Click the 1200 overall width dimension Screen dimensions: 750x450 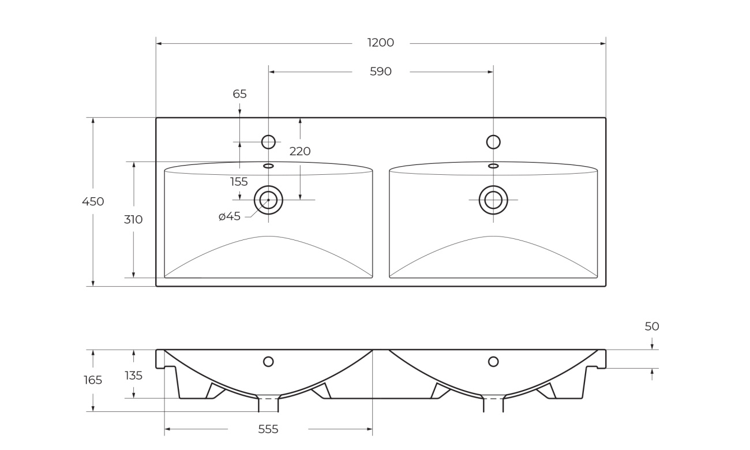coord(381,43)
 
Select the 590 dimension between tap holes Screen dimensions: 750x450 coord(381,72)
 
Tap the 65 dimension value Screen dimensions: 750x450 coord(240,94)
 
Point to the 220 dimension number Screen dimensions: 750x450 coord(300,151)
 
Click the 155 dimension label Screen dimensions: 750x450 coord(239,182)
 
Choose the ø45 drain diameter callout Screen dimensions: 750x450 coord(230,216)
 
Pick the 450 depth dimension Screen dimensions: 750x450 coord(93,201)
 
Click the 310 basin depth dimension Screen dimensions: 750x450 coord(133,220)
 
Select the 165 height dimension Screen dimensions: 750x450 coord(93,380)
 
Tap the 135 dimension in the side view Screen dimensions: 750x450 coord(134,376)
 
